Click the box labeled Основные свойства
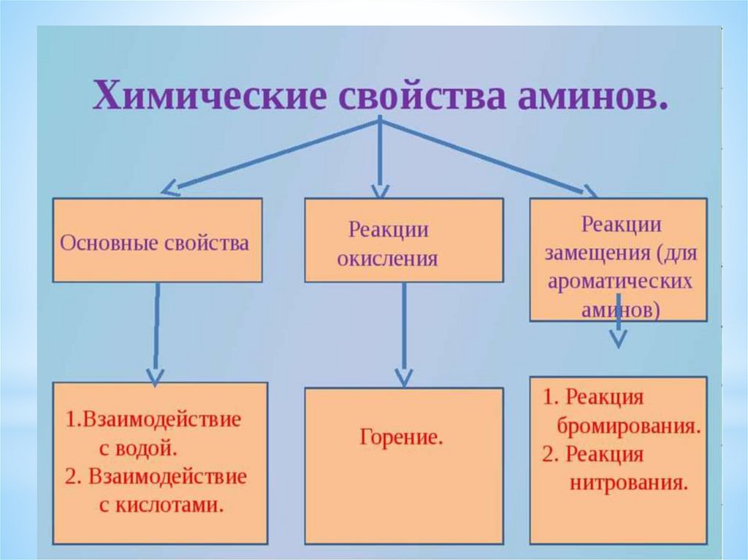point(156,240)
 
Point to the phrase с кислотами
point(160,505)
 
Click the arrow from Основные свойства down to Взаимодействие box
point(156,332)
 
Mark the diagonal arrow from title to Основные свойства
point(270,156)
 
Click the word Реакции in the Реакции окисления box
point(387,230)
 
